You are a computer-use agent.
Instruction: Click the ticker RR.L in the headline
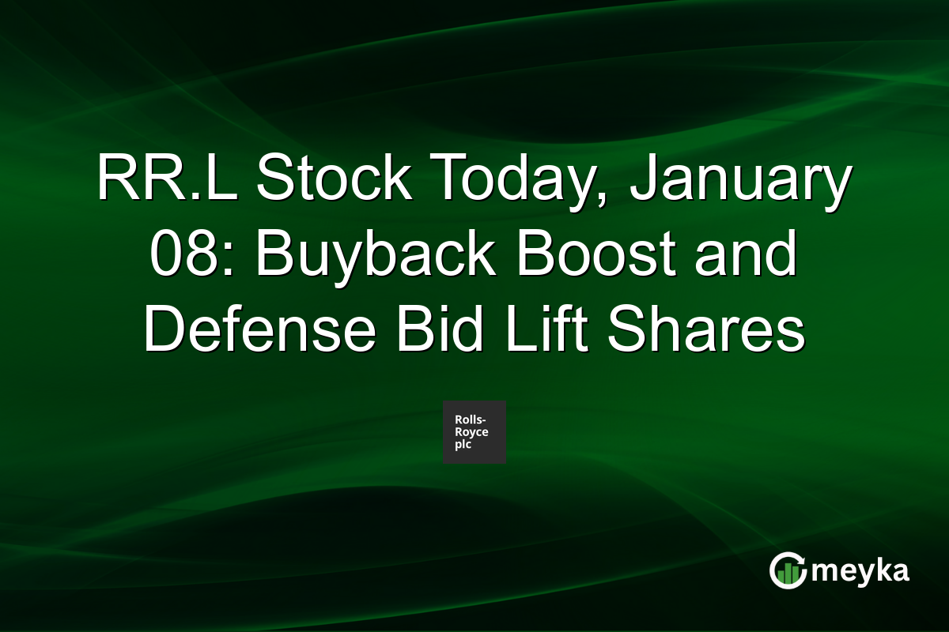tap(165, 180)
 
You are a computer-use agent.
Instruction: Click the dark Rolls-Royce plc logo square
tap(475, 432)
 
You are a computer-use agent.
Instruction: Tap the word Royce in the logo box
tap(471, 432)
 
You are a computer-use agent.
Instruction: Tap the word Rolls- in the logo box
tap(471, 420)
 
